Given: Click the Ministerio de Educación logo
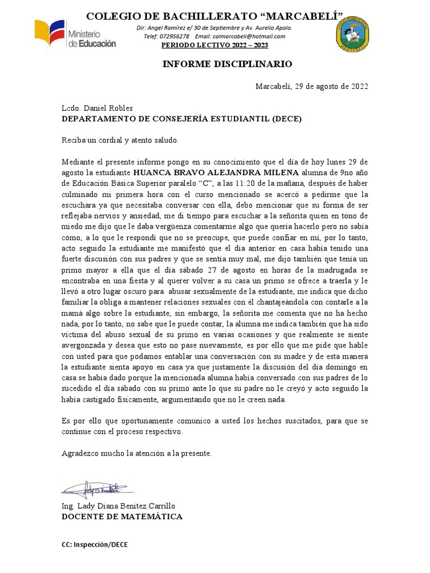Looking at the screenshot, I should tap(75, 35).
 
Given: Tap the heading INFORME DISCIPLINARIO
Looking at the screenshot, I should tap(227, 64).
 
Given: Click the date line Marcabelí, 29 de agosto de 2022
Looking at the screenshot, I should tap(312, 86).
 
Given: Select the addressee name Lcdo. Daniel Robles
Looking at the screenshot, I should tap(97, 108).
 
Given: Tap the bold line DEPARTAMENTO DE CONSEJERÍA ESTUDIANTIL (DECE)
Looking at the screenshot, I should tap(182, 119).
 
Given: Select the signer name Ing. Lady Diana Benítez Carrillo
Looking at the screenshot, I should tap(123, 506).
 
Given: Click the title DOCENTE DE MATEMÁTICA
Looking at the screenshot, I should tap(121, 516).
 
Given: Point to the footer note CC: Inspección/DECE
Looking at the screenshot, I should tap(95, 544).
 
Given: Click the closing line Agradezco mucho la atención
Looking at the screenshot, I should tap(137, 453).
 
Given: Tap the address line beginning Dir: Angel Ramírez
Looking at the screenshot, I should tap(214, 28).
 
